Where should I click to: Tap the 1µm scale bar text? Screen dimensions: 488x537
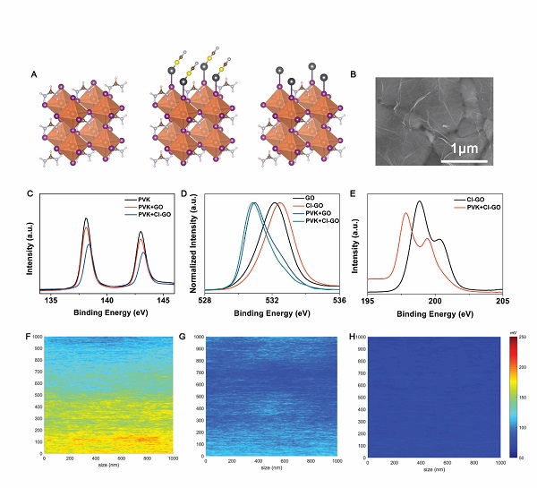coord(468,147)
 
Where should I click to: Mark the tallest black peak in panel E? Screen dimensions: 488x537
coord(419,202)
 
